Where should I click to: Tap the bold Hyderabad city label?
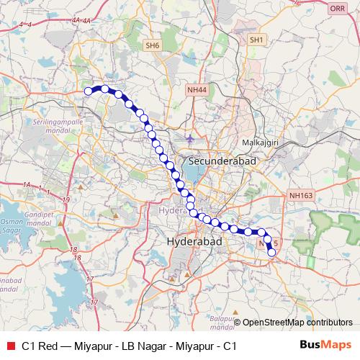point(195,243)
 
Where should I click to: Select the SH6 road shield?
point(151,45)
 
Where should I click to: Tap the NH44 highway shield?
point(195,89)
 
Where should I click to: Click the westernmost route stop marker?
point(89,91)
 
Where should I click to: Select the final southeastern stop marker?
point(271,252)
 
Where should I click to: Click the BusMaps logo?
point(325,345)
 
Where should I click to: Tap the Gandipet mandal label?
point(36,217)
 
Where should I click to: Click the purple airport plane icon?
point(189,137)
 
